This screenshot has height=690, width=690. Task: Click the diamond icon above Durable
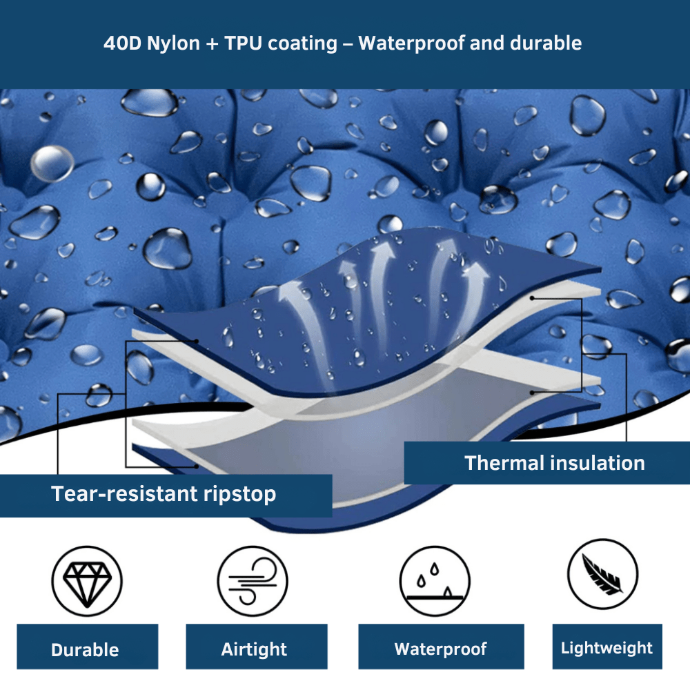tap(87, 581)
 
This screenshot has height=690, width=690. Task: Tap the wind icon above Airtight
tap(253, 581)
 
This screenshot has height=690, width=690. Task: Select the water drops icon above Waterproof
tap(435, 581)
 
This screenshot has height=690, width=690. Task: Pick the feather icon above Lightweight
tap(602, 574)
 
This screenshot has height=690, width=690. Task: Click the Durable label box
tap(87, 647)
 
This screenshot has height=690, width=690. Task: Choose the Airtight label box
tap(257, 647)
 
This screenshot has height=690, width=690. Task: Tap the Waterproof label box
tap(441, 647)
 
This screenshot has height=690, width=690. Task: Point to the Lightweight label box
tap(607, 647)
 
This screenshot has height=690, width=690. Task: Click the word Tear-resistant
tap(124, 493)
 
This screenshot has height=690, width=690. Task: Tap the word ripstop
tap(240, 495)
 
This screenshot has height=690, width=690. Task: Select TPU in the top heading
tap(243, 43)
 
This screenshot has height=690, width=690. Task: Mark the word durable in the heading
tap(546, 43)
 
